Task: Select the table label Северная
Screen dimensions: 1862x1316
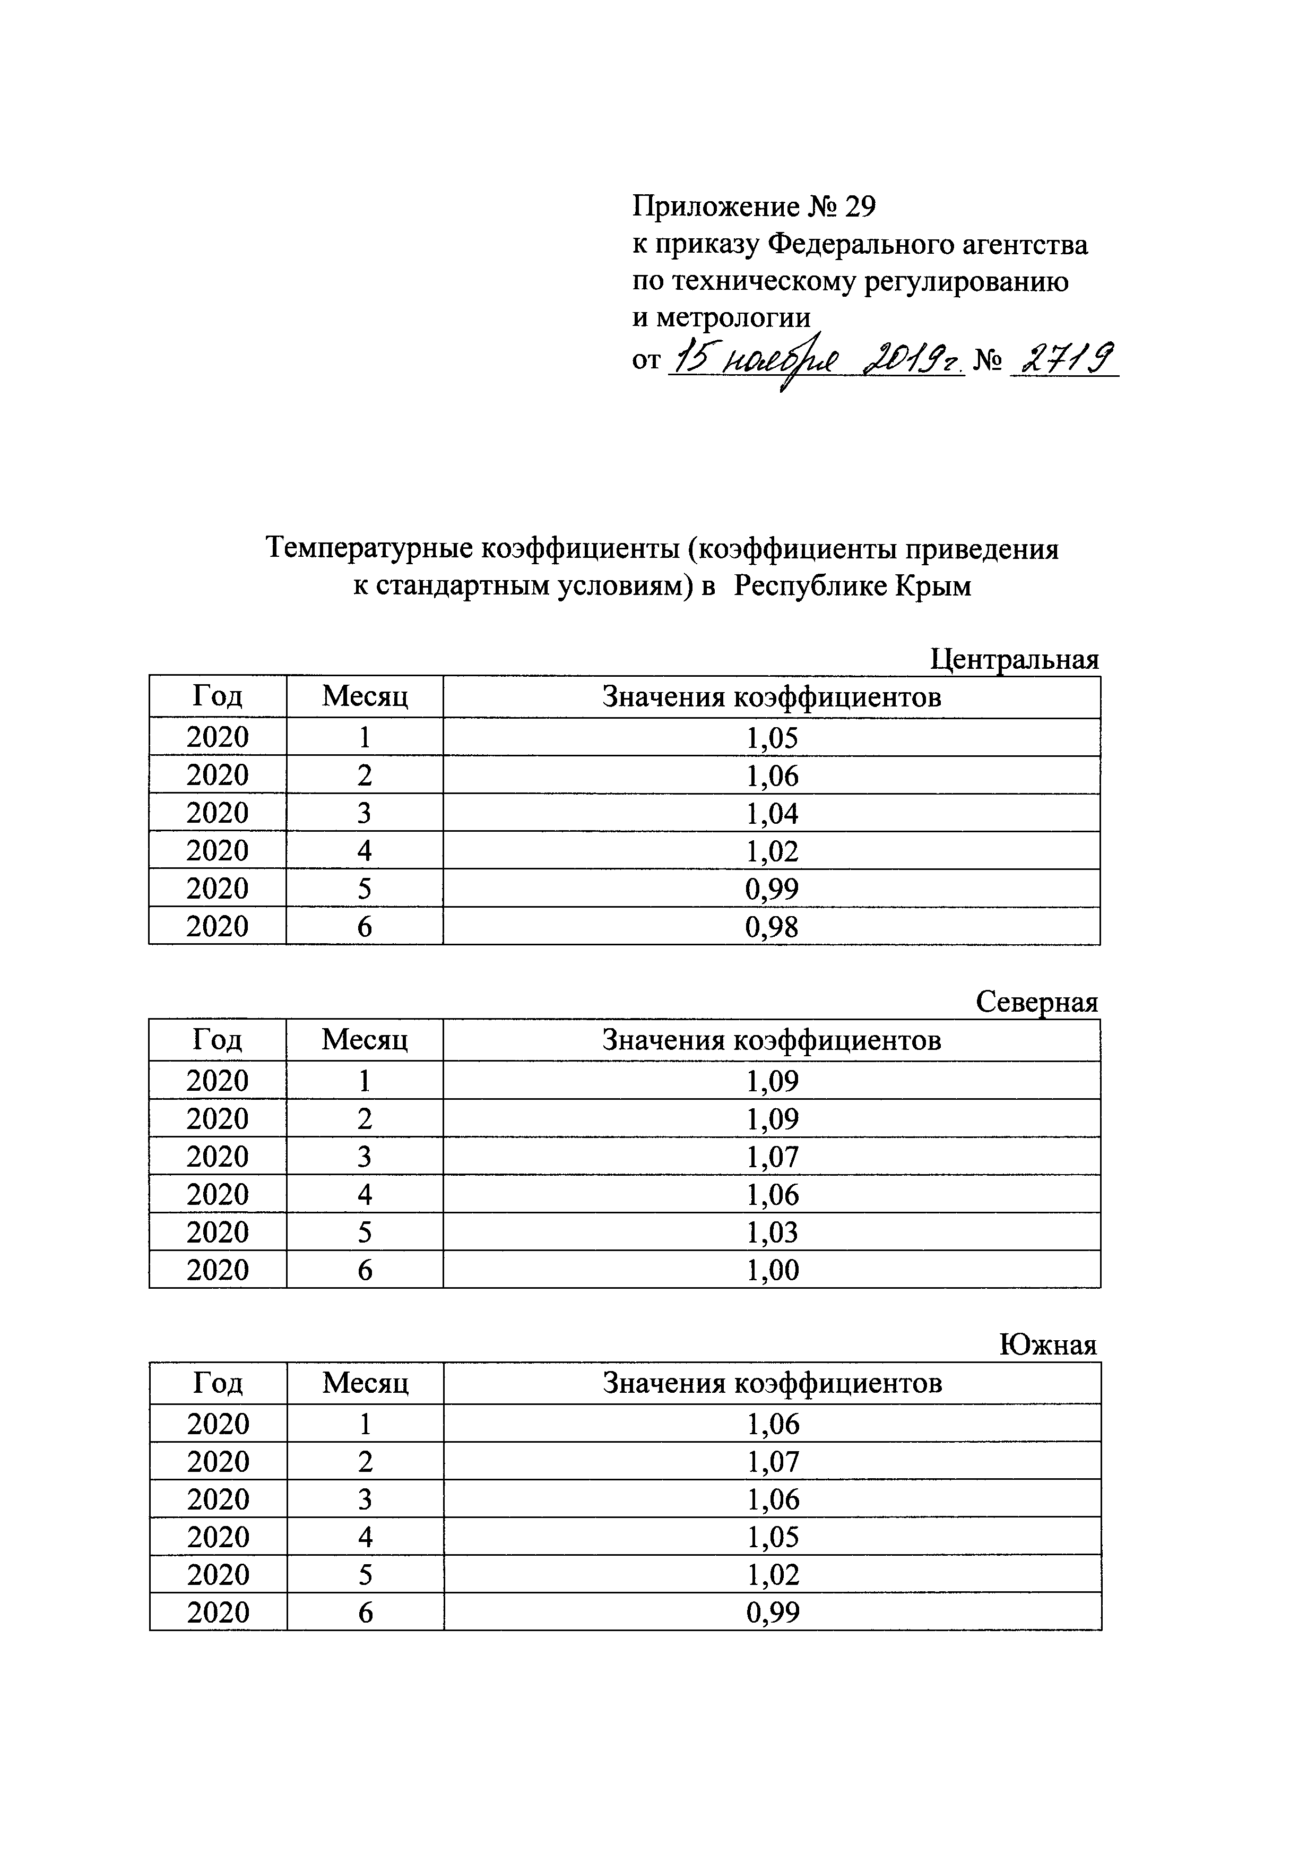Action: (1036, 1003)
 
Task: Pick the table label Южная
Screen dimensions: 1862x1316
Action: (1047, 1346)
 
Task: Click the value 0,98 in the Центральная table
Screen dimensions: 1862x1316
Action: (772, 927)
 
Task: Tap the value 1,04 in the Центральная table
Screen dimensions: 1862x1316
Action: (772, 813)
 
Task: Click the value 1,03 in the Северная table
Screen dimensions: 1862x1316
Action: (772, 1232)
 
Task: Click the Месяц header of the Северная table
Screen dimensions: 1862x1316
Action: (365, 1040)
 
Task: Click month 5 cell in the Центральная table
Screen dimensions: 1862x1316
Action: (365, 889)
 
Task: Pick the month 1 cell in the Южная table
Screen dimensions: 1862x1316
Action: (365, 1424)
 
